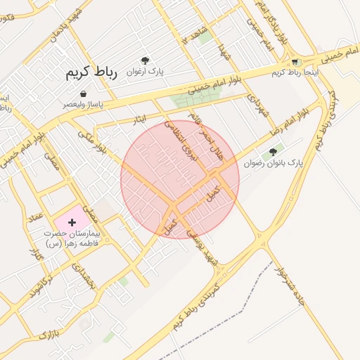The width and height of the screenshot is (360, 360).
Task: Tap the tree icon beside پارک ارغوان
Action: [145, 60]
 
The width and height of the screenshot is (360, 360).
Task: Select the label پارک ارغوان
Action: [145, 72]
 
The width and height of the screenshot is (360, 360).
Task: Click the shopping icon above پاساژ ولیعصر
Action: [84, 94]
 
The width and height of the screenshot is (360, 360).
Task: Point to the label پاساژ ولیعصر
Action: [84, 104]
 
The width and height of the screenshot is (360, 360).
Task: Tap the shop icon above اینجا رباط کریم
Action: [295, 62]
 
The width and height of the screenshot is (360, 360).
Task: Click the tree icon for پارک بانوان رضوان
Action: [273, 151]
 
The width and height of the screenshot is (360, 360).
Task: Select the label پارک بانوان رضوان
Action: [274, 162]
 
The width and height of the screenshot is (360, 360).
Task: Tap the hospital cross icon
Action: [72, 222]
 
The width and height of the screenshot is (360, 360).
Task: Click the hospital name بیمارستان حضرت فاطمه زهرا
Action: [72, 237]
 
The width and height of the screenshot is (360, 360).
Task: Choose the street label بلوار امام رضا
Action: [292, 120]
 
